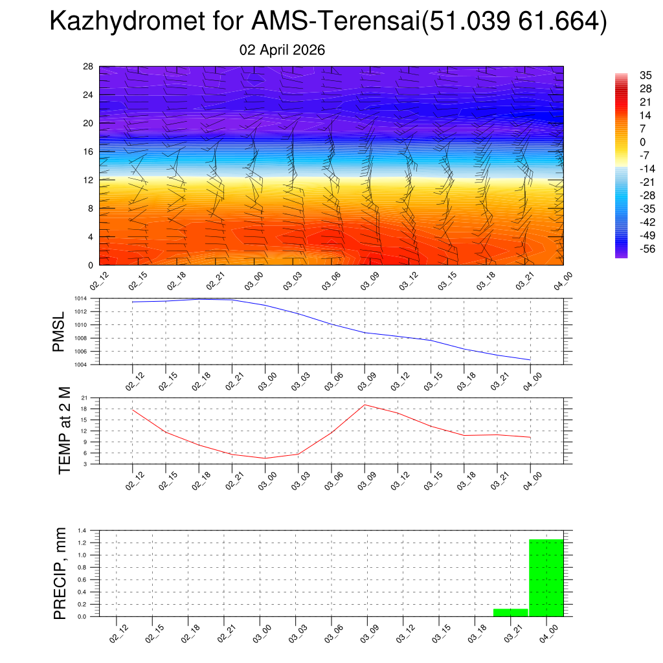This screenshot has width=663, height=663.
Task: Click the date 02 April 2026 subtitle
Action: click(282, 50)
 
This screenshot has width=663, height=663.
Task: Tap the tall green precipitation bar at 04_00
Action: click(546, 578)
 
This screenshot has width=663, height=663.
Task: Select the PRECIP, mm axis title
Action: click(60, 572)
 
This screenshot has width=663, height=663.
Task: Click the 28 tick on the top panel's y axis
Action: click(89, 67)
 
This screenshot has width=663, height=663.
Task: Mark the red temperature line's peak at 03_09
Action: click(365, 405)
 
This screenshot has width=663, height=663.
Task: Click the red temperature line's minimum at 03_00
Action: click(265, 458)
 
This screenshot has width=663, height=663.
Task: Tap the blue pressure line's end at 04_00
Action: click(530, 359)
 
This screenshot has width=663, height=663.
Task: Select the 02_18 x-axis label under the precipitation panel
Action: click(188, 635)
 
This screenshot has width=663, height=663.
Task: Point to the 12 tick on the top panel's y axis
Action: click(89, 180)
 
